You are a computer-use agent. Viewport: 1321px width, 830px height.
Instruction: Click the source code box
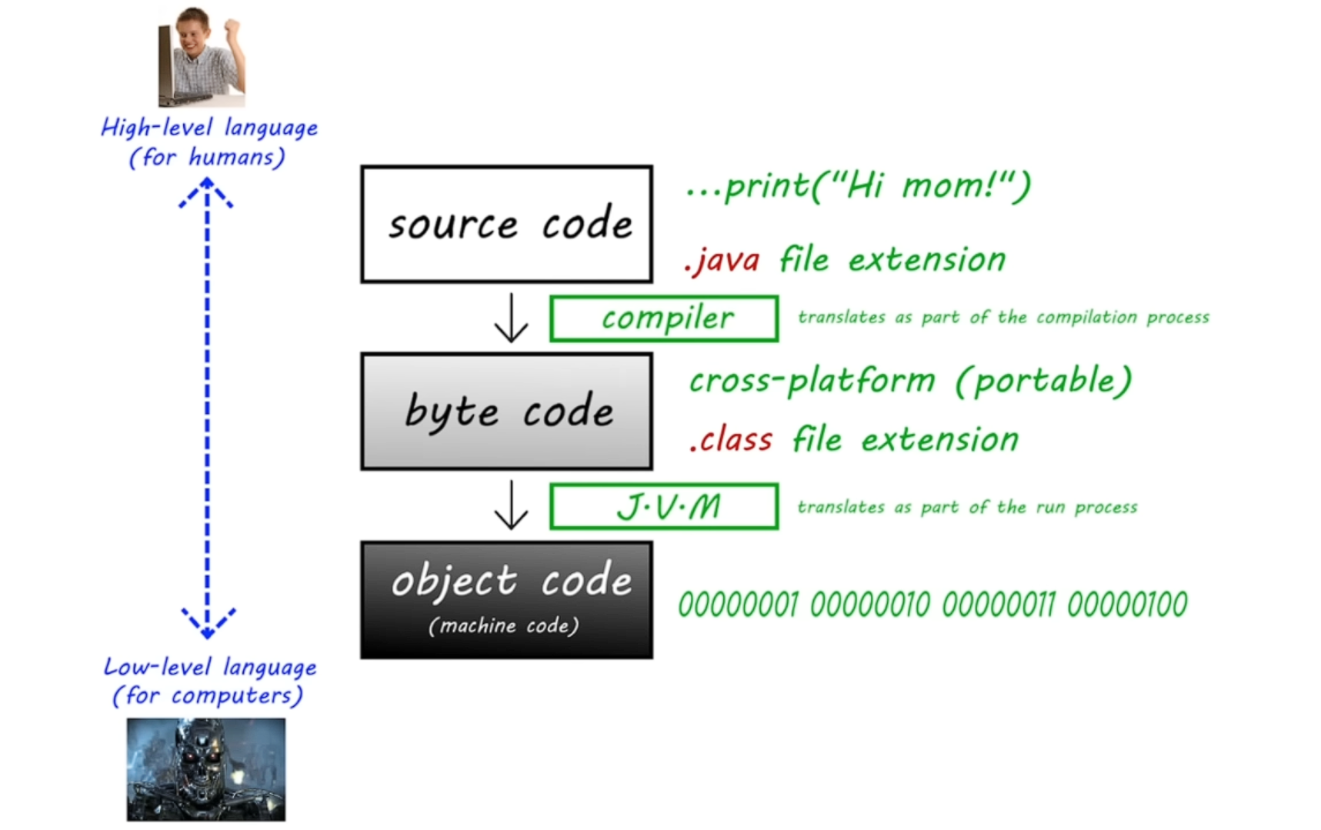(x=506, y=224)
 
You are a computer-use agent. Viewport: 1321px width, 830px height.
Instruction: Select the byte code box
(x=506, y=412)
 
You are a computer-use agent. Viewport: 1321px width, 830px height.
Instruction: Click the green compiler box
(x=664, y=318)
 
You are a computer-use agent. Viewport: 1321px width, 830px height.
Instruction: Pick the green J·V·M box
(x=664, y=506)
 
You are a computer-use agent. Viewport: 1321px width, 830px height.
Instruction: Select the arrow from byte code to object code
(x=511, y=505)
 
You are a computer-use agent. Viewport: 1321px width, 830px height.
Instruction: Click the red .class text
(x=732, y=440)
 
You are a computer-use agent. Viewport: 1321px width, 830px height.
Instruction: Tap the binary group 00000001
(x=739, y=605)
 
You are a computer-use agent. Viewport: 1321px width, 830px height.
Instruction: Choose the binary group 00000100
(x=1127, y=605)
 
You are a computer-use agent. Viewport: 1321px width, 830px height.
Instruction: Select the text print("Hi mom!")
(x=876, y=186)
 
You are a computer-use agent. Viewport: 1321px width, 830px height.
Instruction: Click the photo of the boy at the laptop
(x=202, y=56)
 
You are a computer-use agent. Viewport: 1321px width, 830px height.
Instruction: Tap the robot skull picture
(x=206, y=769)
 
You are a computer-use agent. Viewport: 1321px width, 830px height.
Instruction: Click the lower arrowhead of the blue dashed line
(x=207, y=624)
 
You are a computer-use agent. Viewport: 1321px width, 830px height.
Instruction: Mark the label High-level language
(x=209, y=128)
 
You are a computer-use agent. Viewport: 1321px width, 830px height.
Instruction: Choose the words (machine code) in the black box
(x=504, y=625)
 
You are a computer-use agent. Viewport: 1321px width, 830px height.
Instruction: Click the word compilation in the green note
(x=1086, y=318)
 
